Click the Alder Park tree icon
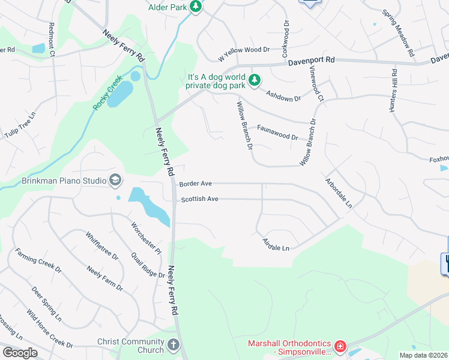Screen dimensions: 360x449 [195, 7]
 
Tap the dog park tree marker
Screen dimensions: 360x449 [255, 80]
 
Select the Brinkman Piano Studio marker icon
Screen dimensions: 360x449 [115, 180]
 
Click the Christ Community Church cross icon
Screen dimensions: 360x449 [173, 345]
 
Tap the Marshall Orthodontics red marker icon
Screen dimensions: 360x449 [340, 346]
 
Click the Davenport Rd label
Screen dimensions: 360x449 [310, 61]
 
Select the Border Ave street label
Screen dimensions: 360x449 [196, 184]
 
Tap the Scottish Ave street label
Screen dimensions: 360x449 [200, 199]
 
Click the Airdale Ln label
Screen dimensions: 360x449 [276, 244]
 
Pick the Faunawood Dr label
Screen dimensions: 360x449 [277, 132]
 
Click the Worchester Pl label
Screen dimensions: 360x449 [146, 237]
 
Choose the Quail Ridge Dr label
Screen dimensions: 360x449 [148, 265]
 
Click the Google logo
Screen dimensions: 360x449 [20, 353]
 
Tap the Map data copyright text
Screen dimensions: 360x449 [423, 355]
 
